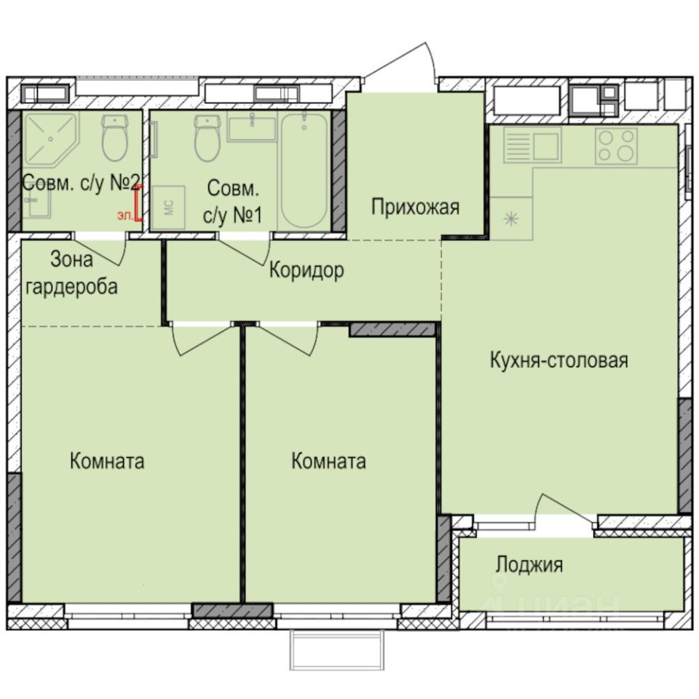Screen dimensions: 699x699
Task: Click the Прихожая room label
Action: [415, 208]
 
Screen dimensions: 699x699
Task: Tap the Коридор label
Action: [306, 271]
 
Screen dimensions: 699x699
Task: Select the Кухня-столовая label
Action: [558, 360]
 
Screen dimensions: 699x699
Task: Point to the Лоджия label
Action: [529, 564]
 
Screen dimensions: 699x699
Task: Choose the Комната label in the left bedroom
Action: [107, 461]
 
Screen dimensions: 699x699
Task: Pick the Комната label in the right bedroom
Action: [328, 461]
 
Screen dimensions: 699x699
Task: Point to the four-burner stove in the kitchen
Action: [616, 145]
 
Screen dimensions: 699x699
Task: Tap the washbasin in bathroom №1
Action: [251, 128]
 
